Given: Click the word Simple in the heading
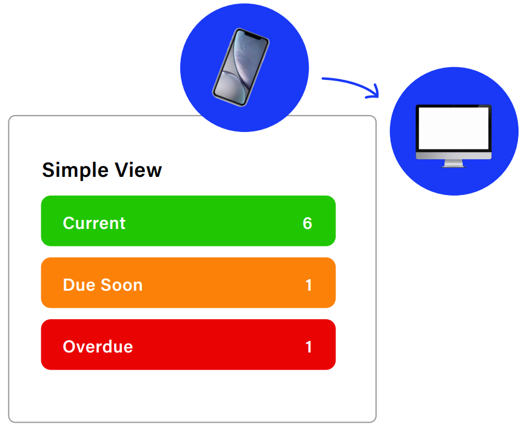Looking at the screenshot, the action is tap(75, 171).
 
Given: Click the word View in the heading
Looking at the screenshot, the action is tap(139, 170).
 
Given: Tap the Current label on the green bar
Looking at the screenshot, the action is tap(94, 223).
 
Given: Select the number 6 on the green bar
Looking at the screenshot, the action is tap(307, 223).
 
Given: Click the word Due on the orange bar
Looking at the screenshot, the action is tap(79, 285).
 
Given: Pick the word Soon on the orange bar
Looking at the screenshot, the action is tap(122, 285).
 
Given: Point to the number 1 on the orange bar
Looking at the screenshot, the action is tap(309, 285).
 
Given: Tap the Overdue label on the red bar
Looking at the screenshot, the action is tap(98, 346).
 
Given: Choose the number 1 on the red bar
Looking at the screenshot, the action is tap(309, 347).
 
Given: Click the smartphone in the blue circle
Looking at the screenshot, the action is tap(241, 67).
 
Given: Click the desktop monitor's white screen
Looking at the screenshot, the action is tap(454, 128).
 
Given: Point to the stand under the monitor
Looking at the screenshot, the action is tap(454, 164).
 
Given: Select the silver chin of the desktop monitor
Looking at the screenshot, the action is tap(454, 156).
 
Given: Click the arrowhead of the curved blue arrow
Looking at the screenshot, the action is tap(374, 93).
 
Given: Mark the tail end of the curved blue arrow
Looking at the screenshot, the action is tap(323, 79).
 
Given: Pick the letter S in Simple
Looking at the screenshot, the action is tap(49, 170).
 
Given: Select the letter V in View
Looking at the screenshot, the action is tap(123, 170).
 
